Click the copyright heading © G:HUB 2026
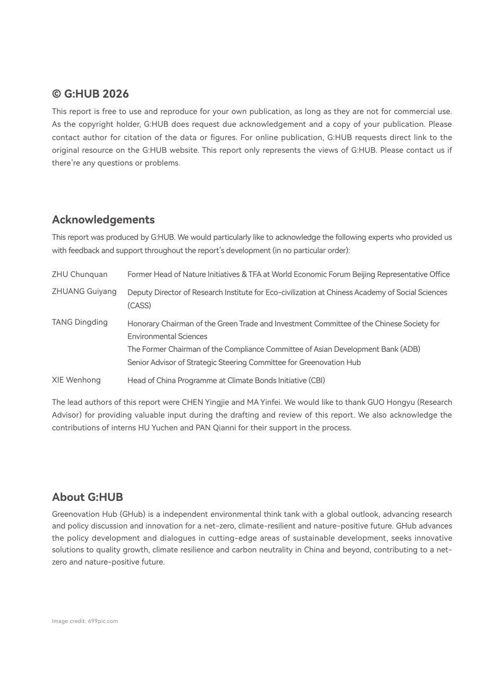[x=90, y=94]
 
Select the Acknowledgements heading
[x=103, y=220]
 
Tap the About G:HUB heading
[x=88, y=497]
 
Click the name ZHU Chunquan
[x=80, y=274]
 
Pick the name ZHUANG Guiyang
[x=84, y=291]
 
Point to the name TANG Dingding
[x=80, y=322]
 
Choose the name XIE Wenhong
[x=76, y=380]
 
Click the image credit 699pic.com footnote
[x=85, y=621]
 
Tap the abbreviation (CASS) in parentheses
[x=139, y=306]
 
